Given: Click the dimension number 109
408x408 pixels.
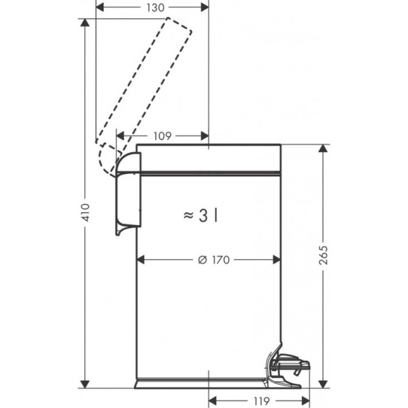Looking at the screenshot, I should [x=161, y=136].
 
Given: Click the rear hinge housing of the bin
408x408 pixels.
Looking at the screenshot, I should [x=126, y=194].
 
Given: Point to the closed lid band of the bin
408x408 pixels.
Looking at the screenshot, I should [x=208, y=158].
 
